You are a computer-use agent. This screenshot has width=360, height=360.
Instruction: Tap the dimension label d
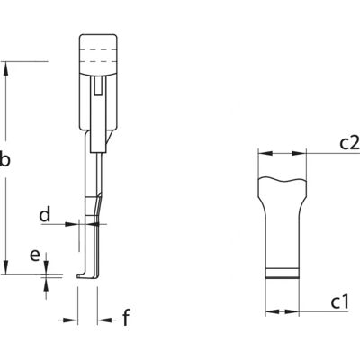coord(45,214)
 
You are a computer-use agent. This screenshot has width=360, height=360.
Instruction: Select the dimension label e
coord(35,256)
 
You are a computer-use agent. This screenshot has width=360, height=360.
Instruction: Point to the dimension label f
coord(126,318)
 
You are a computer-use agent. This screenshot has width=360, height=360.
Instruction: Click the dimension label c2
coord(349,143)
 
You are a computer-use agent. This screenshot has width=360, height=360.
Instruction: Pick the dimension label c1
coord(340,302)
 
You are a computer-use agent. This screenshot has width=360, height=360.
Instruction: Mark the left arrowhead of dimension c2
coord(265,153)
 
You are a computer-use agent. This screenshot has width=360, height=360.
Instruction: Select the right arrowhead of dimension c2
coord(299,153)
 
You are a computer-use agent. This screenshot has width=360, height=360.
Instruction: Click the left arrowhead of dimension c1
coord(273,311)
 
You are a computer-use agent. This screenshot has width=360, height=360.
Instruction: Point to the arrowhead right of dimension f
coord(104,320)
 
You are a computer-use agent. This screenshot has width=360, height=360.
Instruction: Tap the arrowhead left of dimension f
coord(71,320)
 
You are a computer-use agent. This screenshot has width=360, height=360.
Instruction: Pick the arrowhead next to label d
coord(72,224)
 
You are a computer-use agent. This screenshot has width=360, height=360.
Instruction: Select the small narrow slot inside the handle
coord(97,86)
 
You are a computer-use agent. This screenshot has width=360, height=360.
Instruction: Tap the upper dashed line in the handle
coord(98,49)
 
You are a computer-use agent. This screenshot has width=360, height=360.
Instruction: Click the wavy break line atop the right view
coord(283,179)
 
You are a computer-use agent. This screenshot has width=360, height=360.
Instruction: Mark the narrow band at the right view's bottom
coord(283,273)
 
